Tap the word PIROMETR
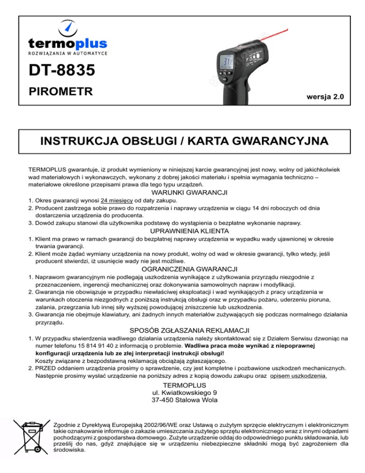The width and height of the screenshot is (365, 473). [59, 91]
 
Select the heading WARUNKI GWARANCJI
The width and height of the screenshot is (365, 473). [183, 193]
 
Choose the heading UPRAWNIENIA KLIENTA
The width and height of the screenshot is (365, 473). [183, 230]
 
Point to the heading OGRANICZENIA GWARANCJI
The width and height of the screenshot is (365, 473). [183, 268]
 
